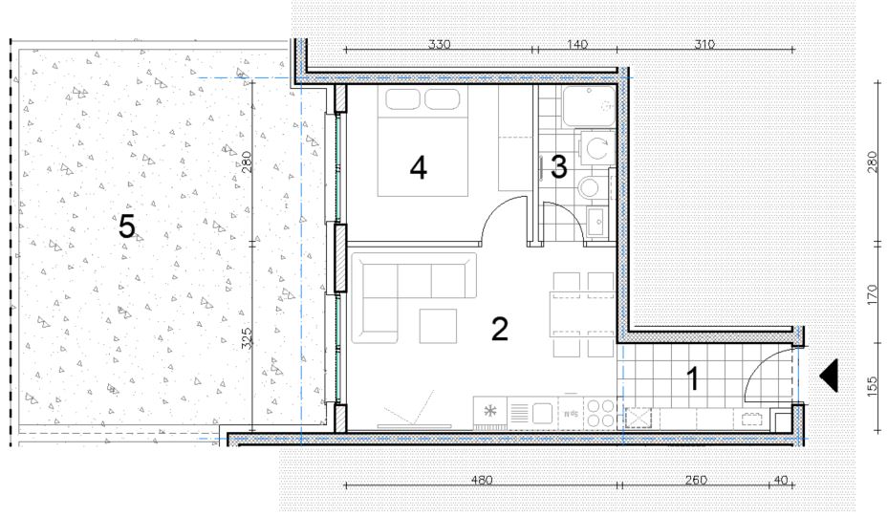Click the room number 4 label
point(418,168)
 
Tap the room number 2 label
point(500,329)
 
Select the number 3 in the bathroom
point(559,167)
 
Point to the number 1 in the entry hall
point(692,378)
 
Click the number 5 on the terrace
point(127,227)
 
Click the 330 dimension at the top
point(439,44)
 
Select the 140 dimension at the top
point(576,44)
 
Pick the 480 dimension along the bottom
point(482,480)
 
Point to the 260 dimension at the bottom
point(696,480)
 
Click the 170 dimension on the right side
point(873,295)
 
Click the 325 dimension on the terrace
point(247,338)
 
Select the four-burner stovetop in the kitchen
point(600,413)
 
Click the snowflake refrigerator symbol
point(489,411)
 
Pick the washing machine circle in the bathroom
point(596,149)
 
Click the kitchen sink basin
point(542,413)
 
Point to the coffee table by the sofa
point(438,326)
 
